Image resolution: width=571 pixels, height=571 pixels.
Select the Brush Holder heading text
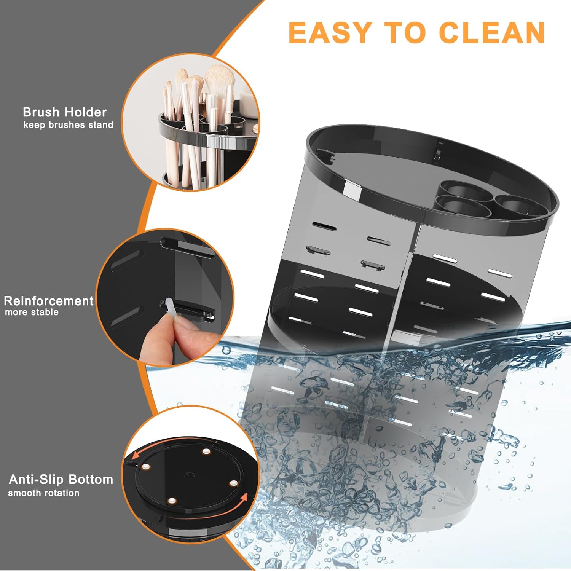point(65,112)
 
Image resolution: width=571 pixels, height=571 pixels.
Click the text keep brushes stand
point(68,125)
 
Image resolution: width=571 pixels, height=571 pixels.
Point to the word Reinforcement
point(49,301)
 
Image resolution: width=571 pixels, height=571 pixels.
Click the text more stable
point(32,312)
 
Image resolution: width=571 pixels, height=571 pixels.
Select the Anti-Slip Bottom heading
point(61,480)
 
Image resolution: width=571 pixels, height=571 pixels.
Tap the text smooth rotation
point(44,493)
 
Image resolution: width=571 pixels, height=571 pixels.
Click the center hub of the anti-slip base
point(189,476)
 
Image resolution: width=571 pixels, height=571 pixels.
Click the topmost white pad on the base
point(206,451)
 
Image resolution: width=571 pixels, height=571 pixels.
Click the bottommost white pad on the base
point(172,501)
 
